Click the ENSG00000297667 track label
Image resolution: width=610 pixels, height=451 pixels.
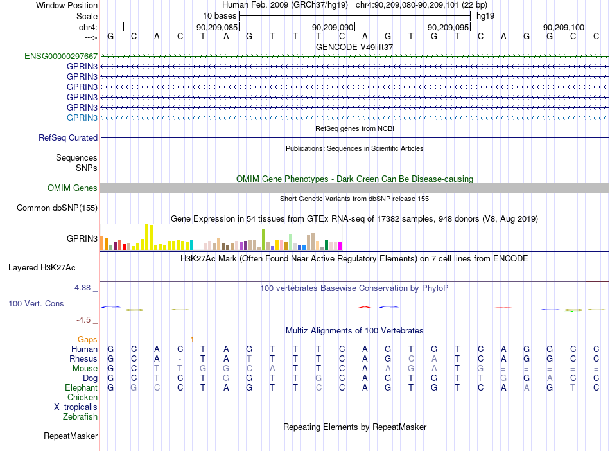61,56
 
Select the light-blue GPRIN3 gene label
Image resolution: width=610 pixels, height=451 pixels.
82,118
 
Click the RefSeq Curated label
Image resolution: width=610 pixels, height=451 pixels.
68,137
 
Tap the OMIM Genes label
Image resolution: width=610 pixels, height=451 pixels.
73,188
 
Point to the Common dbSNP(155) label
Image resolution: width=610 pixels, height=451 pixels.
57,208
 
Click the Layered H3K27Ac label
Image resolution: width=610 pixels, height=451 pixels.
42,268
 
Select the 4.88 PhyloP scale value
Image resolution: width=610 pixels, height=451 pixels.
82,288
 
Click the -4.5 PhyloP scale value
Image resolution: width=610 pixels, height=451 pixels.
83,320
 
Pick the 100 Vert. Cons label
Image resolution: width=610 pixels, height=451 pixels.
36,303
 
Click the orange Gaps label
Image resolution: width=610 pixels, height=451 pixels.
87,340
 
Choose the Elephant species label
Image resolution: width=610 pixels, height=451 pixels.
82,388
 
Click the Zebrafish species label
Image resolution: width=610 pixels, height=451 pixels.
80,417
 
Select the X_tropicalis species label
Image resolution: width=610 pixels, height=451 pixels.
76,407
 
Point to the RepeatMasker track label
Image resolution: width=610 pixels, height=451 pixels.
71,436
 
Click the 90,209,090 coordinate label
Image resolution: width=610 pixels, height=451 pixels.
333,27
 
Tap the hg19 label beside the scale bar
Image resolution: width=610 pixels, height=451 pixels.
485,16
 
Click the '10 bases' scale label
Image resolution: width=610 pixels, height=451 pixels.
220,16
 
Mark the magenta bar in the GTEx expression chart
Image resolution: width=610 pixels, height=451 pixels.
340,245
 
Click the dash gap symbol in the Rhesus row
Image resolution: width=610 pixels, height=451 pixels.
180,359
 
